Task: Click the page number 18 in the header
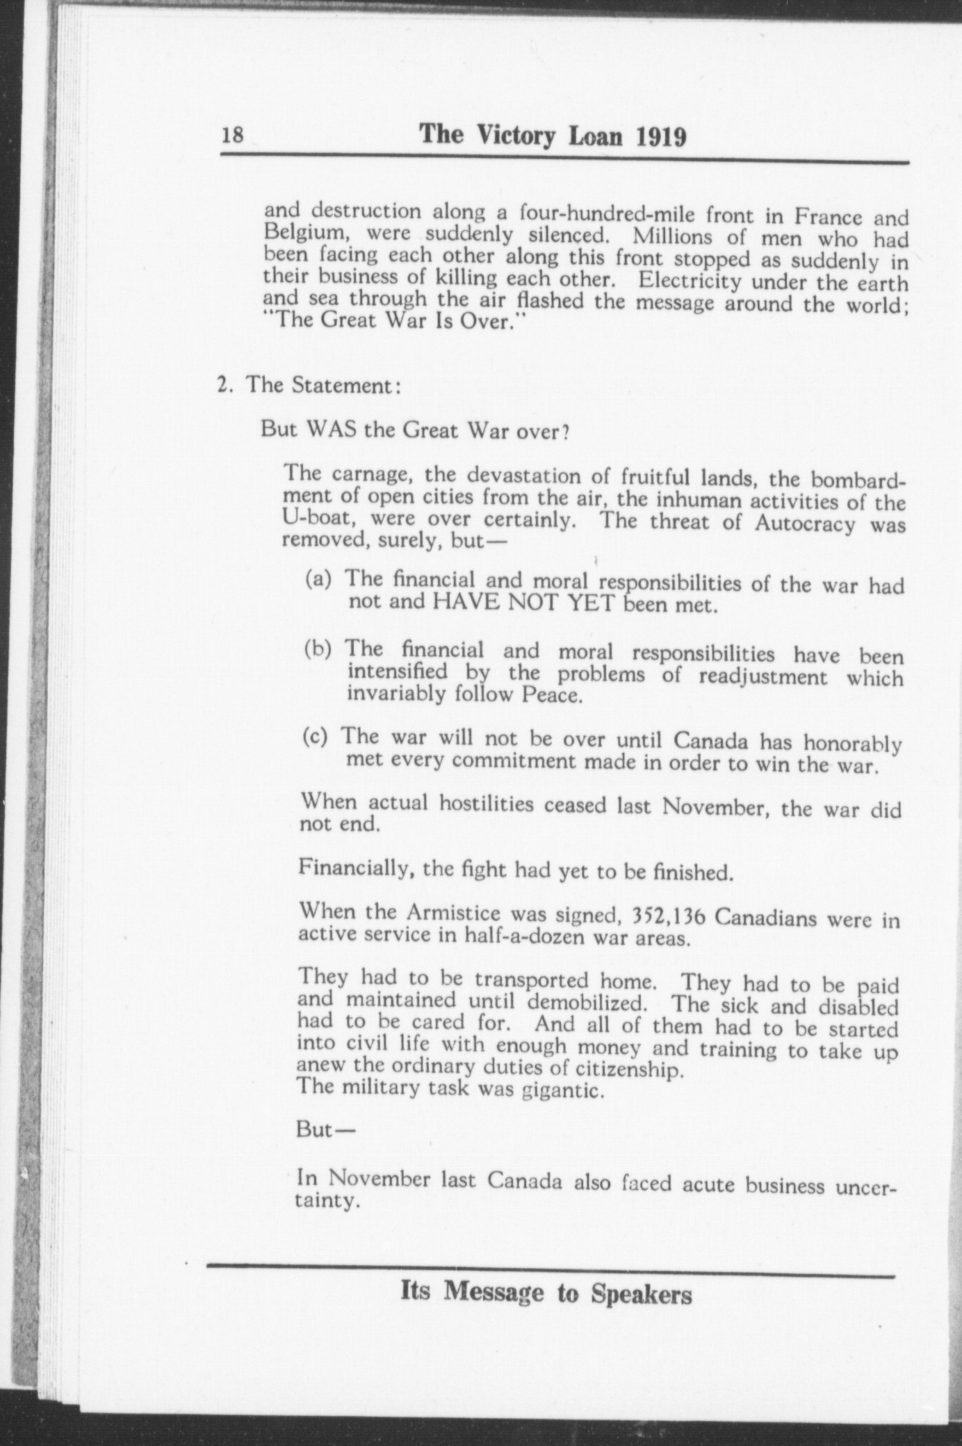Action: pos(233,135)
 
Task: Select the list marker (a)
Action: pos(319,578)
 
